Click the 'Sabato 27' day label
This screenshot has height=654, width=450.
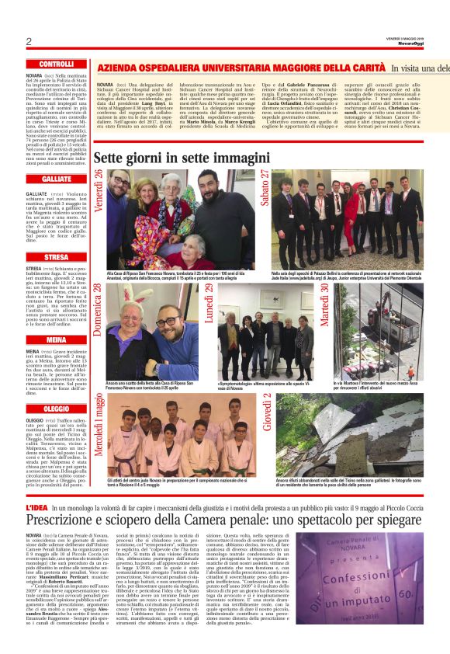(265, 187)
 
